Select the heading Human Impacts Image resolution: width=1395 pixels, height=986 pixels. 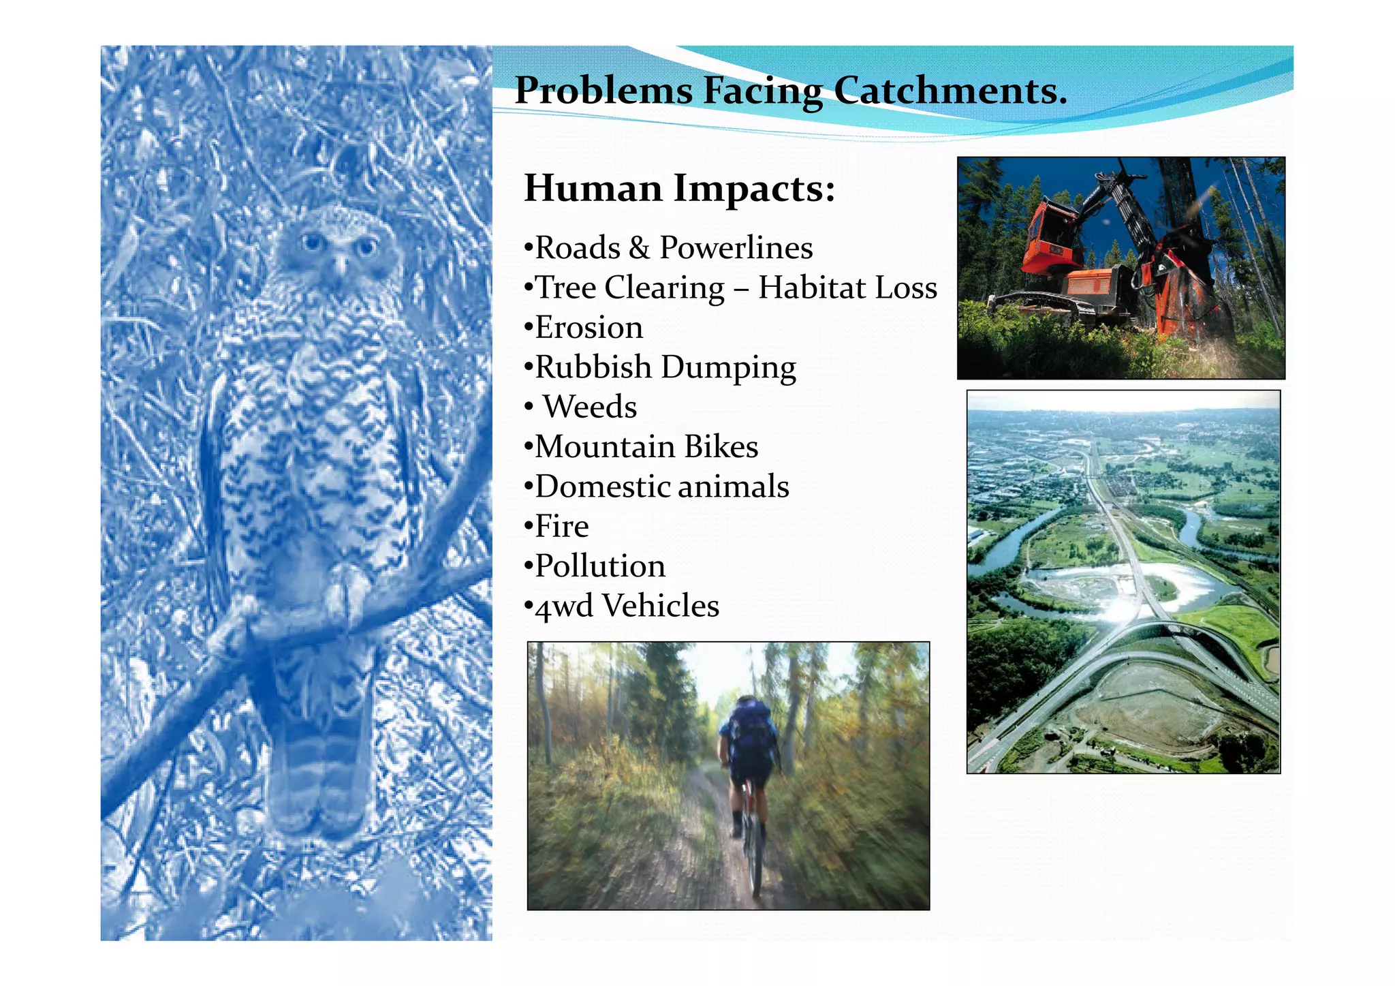pyautogui.click(x=679, y=188)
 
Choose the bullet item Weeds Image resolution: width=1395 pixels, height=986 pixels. pyautogui.click(x=590, y=407)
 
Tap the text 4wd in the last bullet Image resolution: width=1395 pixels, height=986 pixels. pyautogui.click(x=564, y=606)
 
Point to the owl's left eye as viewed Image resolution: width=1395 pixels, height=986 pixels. pyautogui.click(x=311, y=241)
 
